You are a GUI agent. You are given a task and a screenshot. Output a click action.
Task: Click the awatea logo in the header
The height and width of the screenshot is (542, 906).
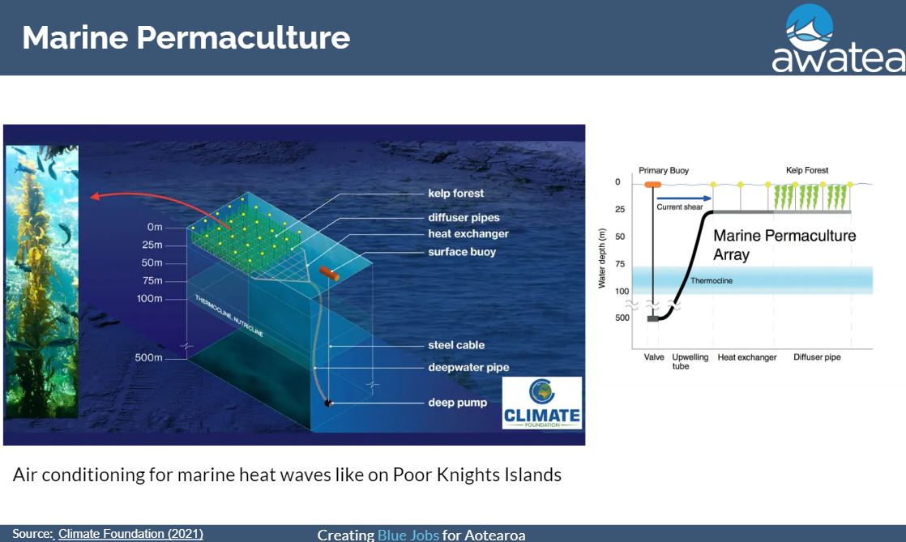(838, 38)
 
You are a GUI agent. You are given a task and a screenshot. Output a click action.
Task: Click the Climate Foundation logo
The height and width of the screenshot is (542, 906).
(542, 403)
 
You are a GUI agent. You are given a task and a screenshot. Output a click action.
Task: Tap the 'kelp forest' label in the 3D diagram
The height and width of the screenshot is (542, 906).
(456, 194)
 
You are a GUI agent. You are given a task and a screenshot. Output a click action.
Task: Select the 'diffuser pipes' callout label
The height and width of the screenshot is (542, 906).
(464, 218)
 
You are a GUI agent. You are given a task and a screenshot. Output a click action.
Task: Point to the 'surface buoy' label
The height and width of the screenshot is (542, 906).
(462, 252)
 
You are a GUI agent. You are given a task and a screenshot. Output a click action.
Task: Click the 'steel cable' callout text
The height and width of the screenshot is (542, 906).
(456, 345)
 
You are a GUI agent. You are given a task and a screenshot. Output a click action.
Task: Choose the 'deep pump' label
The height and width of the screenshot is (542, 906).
(457, 403)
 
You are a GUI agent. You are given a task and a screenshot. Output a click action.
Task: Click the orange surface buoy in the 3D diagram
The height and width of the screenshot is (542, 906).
(329, 273)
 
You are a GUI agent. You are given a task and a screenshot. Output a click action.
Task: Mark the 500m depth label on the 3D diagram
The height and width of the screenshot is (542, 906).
(148, 357)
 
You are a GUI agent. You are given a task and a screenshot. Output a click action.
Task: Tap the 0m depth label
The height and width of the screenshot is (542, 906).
(154, 227)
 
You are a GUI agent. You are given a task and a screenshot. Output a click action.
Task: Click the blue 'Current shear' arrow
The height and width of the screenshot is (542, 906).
(683, 198)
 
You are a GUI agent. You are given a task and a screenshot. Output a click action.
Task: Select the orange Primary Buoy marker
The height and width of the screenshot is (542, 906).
(653, 185)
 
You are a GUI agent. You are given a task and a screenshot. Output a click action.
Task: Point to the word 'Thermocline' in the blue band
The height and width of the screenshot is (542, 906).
(712, 281)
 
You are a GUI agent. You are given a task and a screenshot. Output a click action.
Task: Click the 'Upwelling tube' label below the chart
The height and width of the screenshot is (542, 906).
(690, 361)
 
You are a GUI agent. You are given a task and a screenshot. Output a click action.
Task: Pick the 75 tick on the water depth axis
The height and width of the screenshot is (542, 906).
(620, 264)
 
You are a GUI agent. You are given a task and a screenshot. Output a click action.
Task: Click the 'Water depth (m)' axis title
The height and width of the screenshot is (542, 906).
(602, 258)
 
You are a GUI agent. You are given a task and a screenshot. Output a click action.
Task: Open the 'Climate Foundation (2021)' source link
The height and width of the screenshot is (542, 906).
(130, 534)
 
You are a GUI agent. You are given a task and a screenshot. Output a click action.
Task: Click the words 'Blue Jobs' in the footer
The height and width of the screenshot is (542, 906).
(408, 535)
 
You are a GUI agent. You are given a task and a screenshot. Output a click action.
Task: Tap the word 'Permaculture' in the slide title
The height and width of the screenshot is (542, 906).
(243, 37)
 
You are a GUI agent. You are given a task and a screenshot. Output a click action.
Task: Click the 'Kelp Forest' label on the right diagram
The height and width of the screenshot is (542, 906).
(806, 170)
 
